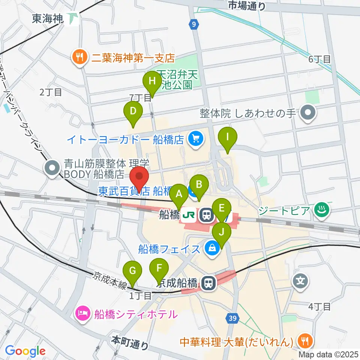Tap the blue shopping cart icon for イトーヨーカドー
195,139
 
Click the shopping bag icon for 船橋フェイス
212,249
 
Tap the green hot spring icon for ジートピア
321,210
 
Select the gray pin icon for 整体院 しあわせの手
309,113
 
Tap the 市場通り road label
246,6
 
